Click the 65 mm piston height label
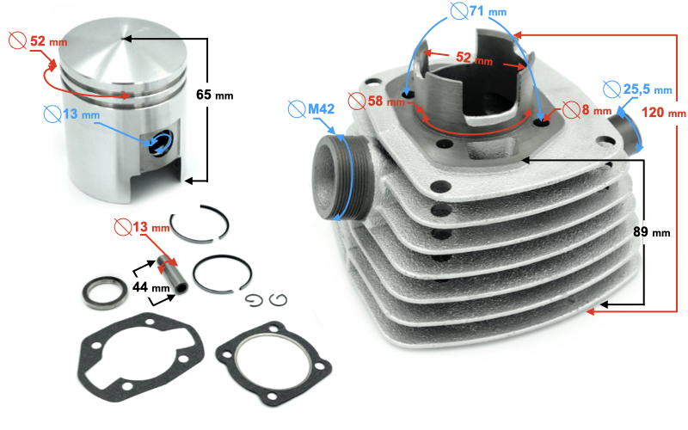(x=214, y=95)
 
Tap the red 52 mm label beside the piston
(x=48, y=41)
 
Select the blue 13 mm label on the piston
(x=81, y=114)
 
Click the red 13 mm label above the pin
(x=151, y=227)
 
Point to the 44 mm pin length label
(x=151, y=287)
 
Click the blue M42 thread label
(x=321, y=109)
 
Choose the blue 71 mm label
(x=488, y=11)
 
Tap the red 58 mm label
(x=386, y=101)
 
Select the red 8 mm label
(x=596, y=109)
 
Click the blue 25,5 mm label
(x=648, y=89)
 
